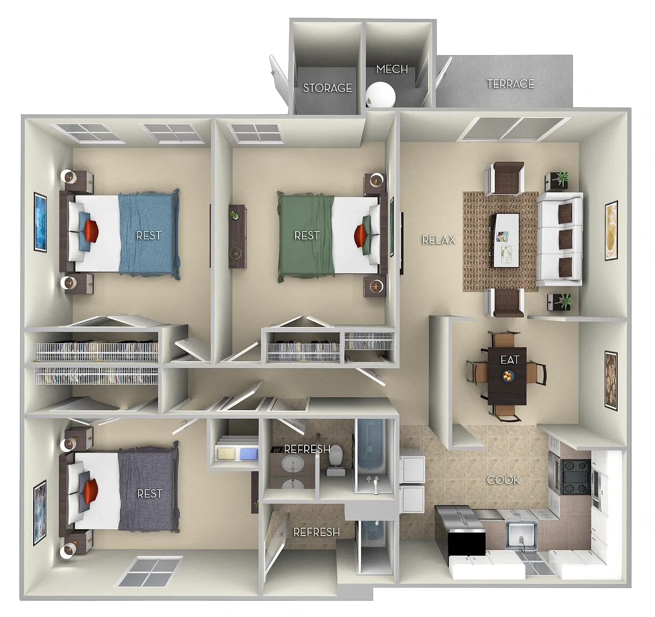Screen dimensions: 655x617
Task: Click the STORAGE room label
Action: (327, 88)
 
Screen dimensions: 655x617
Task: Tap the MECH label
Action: (392, 69)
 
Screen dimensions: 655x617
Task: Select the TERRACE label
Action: (510, 84)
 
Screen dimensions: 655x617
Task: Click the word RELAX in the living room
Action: (439, 239)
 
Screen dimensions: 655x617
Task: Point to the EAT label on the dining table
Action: (510, 359)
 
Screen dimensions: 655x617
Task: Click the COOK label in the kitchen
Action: (503, 480)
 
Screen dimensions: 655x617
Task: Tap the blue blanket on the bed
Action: (149, 234)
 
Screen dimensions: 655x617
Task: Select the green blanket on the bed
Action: (306, 236)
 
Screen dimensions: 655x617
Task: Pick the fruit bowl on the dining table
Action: (508, 376)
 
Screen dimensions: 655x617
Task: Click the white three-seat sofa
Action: (560, 239)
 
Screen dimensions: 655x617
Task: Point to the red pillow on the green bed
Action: (360, 236)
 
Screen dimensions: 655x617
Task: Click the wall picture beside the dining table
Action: (611, 381)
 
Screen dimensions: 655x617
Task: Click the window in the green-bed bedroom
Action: (255, 133)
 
